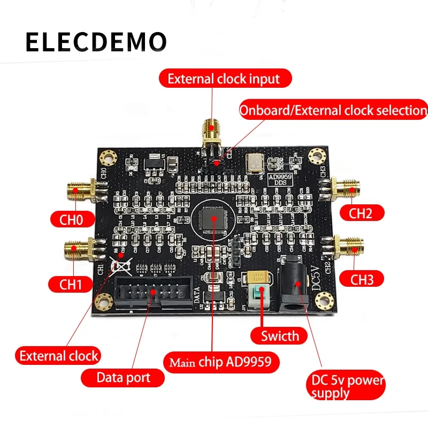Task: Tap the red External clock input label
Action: pos(225,79)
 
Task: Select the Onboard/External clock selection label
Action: pos(333,110)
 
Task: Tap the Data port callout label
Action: pos(123,378)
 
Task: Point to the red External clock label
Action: pos(59,355)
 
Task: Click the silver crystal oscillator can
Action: pos(253,162)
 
